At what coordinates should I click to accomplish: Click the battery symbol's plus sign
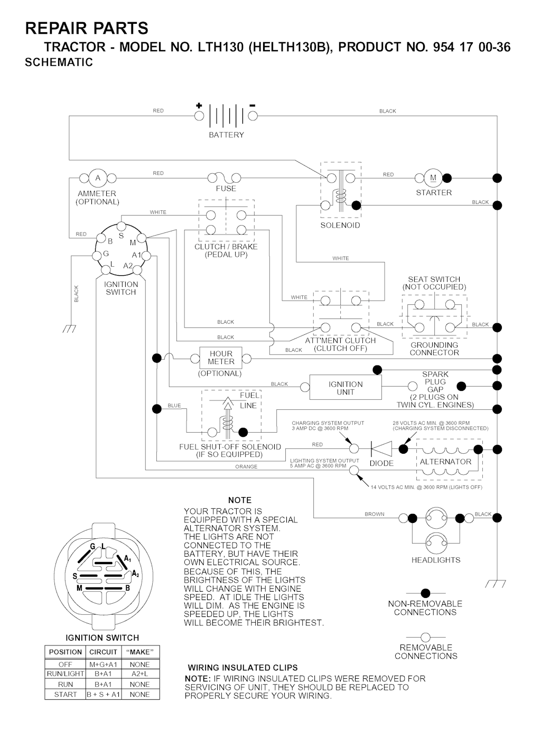pos(199,105)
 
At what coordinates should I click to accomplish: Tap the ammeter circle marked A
pos(98,178)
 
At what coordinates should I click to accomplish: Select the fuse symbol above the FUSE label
pos(225,178)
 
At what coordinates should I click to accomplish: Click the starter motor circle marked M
pos(433,177)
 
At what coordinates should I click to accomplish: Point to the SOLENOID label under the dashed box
pos(340,225)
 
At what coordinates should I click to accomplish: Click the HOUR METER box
pos(221,358)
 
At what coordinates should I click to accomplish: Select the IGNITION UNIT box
pos(346,388)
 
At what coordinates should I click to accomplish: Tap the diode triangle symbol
pos(381,449)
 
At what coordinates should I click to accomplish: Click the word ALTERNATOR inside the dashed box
pos(445,461)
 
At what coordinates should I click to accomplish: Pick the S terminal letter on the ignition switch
pos(121,236)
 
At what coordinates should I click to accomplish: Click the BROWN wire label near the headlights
pos(375,514)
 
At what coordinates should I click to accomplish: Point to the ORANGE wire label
pos(246,466)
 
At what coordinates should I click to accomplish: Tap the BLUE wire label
pos(174,406)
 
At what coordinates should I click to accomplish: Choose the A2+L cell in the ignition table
pos(139,674)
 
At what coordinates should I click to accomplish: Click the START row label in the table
pos(66,695)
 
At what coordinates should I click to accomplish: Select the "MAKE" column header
pos(139,652)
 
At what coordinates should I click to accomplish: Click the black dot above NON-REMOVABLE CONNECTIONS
pos(425,593)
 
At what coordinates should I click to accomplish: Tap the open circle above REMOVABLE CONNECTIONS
pos(425,637)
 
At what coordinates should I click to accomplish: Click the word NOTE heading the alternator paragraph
pos(240,500)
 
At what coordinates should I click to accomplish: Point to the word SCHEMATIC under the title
pos(59,62)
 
